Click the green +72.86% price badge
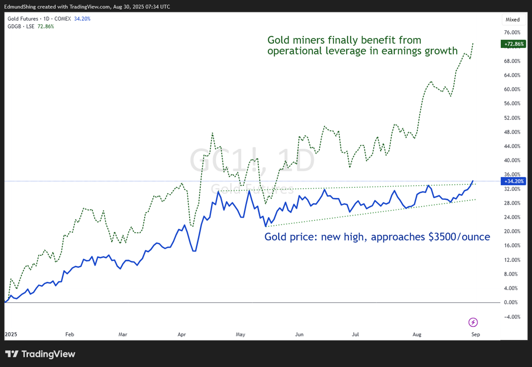click(513, 44)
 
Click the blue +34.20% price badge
click(513, 181)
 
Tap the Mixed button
click(512, 20)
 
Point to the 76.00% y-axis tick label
click(512, 33)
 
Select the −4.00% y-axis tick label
click(512, 317)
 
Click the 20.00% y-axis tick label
click(512, 231)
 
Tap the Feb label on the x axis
click(69, 334)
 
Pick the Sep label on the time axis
click(476, 334)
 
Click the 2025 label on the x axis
click(11, 334)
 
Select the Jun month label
click(299, 334)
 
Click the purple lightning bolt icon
click(473, 322)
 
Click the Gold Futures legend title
click(23, 19)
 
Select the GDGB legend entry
click(14, 26)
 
